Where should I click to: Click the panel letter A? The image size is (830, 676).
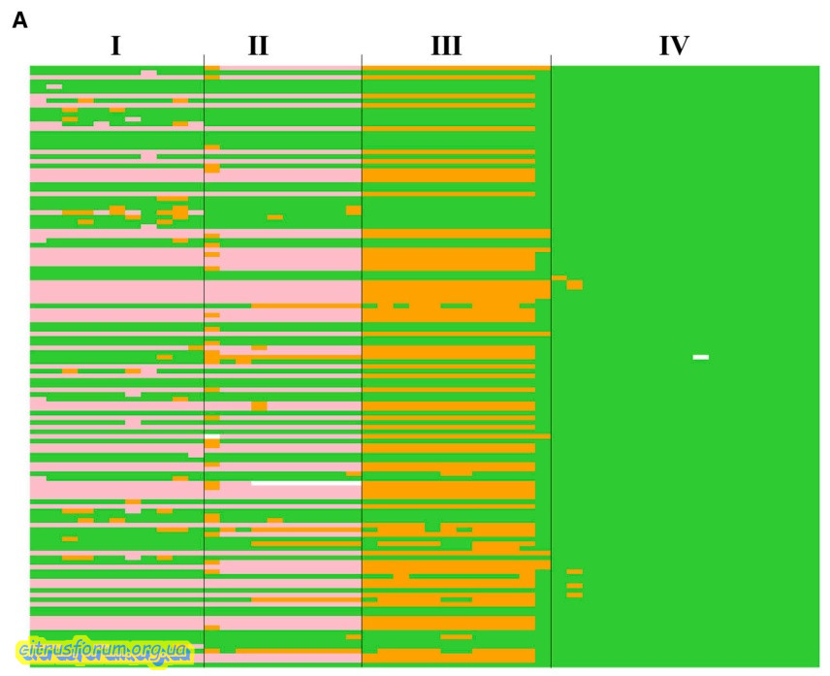click(19, 21)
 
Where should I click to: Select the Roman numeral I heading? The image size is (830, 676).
click(115, 46)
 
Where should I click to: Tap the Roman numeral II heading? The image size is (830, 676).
click(257, 46)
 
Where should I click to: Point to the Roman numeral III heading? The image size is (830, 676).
click(445, 46)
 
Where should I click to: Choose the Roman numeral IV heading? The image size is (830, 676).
click(673, 46)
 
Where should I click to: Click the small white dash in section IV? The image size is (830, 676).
click(700, 357)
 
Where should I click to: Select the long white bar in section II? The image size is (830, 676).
click(305, 482)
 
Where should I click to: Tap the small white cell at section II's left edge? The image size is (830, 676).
click(212, 440)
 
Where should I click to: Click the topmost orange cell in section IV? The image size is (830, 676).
click(559, 278)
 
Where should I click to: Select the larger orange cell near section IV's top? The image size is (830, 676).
click(574, 285)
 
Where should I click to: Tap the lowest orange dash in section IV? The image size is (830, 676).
click(574, 595)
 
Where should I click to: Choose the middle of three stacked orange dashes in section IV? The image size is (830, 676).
click(574, 586)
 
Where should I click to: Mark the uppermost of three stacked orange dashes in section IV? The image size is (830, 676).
click(574, 572)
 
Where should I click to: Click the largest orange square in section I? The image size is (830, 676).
click(180, 212)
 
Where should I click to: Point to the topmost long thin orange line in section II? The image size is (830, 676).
click(305, 306)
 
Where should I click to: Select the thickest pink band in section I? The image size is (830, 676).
click(116, 292)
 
